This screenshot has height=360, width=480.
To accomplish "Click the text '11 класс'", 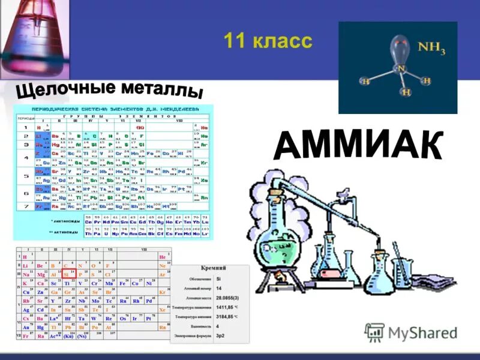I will point(268,41).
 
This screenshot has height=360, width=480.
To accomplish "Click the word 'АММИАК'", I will point(358,145).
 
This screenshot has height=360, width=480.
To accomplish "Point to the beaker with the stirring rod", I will point(401,273).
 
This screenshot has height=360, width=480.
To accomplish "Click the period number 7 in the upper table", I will point(26,206).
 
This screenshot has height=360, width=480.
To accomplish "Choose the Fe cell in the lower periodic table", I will point(124,283).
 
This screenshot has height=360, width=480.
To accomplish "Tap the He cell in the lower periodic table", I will point(162,257).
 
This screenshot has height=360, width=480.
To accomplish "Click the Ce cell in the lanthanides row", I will point(89,221).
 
